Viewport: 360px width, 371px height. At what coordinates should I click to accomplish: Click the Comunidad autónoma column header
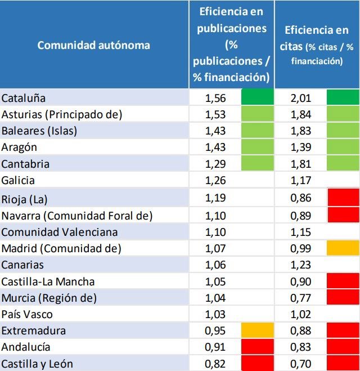coord(93,45)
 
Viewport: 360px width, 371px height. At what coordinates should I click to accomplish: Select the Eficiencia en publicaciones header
coord(231,44)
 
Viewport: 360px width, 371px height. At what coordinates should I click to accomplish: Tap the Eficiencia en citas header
coord(317,45)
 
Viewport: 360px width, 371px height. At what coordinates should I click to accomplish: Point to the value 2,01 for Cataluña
coord(301,98)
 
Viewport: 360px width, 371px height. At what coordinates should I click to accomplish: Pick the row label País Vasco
coord(27,314)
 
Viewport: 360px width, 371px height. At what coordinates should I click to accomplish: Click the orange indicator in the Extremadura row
coord(257,330)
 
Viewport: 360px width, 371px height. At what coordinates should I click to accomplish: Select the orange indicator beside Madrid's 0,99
coord(343,248)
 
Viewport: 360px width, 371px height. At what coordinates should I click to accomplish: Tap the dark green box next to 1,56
coord(257,98)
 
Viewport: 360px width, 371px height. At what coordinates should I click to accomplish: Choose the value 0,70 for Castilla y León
coord(301,364)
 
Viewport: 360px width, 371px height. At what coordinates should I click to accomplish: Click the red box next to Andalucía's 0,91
coord(257,347)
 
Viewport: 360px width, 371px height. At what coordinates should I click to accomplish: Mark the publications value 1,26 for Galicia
coord(215,181)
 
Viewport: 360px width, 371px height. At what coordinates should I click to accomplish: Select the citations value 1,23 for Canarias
coord(301,264)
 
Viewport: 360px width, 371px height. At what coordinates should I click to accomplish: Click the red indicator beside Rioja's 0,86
coord(343,198)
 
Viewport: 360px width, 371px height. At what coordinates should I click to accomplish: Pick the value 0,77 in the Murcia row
coord(301,297)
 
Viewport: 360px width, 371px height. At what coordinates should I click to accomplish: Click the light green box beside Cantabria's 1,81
coord(343,164)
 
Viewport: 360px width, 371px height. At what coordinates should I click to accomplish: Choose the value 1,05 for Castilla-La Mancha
coord(215,281)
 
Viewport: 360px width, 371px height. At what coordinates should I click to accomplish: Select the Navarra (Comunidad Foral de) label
coord(77,214)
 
